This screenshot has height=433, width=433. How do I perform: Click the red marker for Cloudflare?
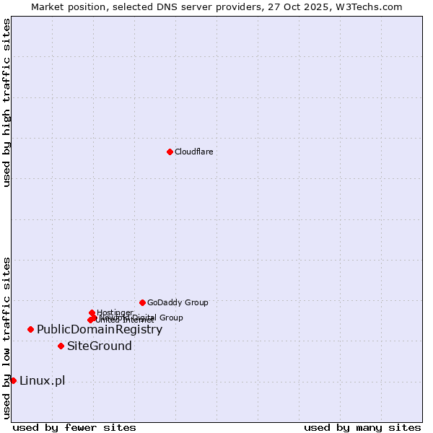click(x=170, y=152)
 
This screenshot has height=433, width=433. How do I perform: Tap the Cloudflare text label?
click(x=193, y=152)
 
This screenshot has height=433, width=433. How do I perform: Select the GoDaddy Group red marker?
click(x=142, y=302)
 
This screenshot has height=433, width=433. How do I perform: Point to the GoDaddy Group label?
click(x=178, y=303)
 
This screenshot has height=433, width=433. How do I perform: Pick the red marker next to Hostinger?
click(x=92, y=312)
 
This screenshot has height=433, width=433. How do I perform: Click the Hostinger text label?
click(x=115, y=312)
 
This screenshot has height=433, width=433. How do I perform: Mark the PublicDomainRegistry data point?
click(x=30, y=329)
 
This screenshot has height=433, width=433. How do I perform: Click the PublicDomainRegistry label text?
click(x=100, y=330)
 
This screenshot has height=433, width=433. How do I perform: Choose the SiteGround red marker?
click(x=61, y=346)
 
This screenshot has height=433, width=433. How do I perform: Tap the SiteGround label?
click(x=100, y=346)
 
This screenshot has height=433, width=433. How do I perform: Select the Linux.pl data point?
click(x=13, y=380)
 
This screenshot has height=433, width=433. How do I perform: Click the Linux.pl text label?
click(x=42, y=381)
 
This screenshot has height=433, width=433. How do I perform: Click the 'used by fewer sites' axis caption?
click(x=74, y=427)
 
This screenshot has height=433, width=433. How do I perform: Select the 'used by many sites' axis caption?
click(x=362, y=427)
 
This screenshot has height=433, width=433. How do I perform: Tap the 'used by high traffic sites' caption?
click(x=6, y=102)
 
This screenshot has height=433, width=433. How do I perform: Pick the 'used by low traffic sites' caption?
click(x=6, y=338)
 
